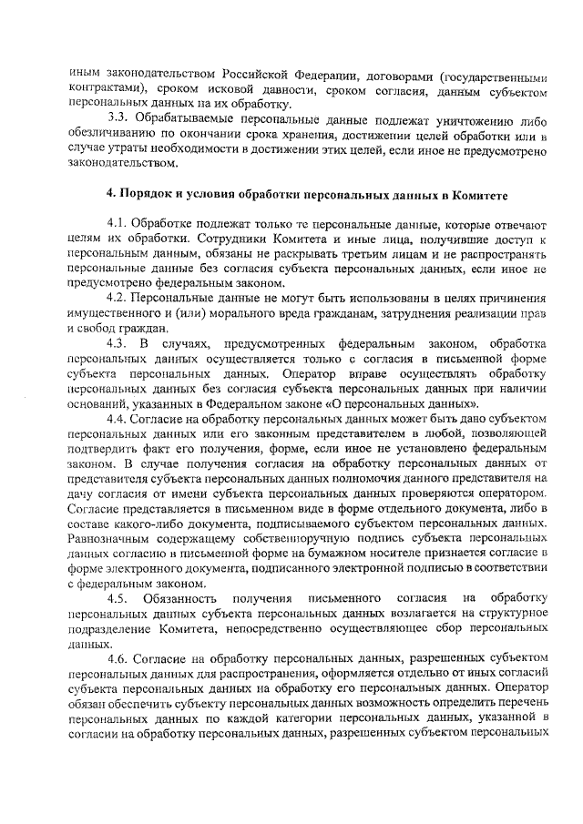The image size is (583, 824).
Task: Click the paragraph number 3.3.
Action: [118, 120]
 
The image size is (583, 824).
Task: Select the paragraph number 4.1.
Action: [118, 223]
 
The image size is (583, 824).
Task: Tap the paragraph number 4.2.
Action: [118, 298]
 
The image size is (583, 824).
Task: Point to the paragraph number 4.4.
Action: [118, 418]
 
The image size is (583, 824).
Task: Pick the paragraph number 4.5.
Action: [118, 598]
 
